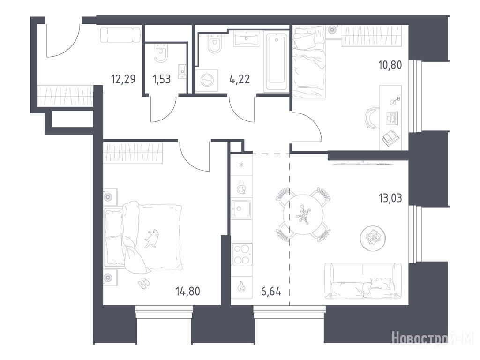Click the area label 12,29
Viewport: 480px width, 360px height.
click(123, 79)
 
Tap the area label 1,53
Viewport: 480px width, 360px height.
click(161, 79)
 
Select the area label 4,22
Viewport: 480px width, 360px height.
click(240, 79)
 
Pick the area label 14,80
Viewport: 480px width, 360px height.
click(188, 291)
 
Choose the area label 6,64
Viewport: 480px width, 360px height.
click(271, 291)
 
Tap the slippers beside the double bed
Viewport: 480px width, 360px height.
click(143, 283)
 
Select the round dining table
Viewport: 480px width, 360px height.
click(303, 214)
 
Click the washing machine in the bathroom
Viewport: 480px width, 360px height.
click(207, 81)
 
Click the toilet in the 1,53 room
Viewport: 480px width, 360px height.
click(160, 53)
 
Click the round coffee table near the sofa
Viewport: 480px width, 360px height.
click(373, 237)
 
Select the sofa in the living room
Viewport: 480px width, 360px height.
click(363, 280)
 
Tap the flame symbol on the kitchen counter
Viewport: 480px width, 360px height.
click(241, 287)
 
